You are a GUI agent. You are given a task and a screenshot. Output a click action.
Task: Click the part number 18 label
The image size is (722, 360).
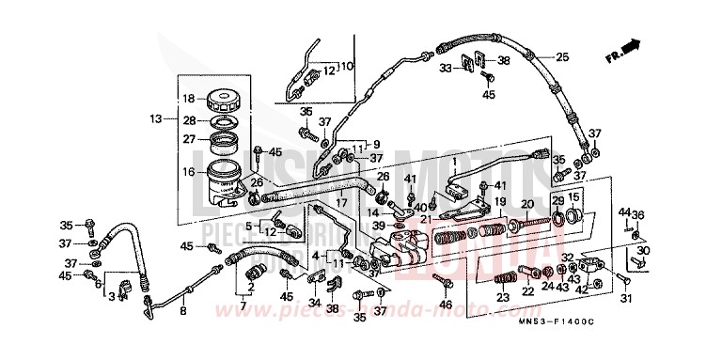(188, 99)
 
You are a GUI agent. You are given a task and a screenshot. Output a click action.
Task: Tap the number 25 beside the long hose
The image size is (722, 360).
(561, 57)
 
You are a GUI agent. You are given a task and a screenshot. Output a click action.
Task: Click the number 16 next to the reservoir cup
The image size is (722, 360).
(188, 172)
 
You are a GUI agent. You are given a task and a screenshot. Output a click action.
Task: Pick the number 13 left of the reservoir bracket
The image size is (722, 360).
(155, 119)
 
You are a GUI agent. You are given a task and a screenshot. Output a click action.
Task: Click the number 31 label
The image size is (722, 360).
(621, 300)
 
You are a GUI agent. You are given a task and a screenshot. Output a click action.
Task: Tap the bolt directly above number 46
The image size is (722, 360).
(446, 282)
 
